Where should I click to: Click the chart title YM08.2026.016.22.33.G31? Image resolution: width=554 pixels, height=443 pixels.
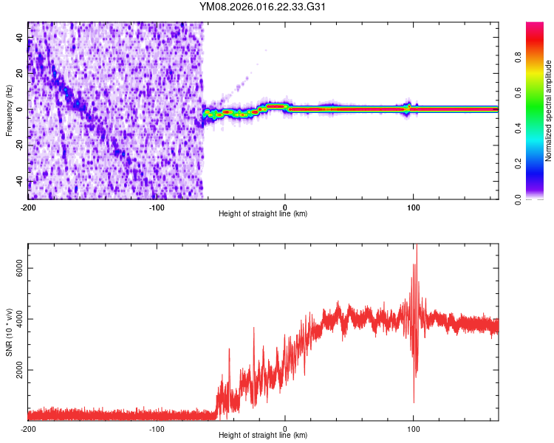pos(264,7)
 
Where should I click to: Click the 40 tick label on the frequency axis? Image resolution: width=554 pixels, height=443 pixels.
pos(20,39)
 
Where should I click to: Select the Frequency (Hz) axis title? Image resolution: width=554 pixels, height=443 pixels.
pos(8,111)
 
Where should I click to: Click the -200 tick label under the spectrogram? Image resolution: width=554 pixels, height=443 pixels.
pos(28,206)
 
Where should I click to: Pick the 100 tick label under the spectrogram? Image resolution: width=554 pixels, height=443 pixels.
pos(414,206)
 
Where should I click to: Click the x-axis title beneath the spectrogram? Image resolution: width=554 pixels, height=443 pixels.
pos(263,214)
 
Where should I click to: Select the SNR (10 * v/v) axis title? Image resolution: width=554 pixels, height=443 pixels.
pos(8,332)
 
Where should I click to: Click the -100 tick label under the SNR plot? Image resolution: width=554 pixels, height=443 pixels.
pos(157,428)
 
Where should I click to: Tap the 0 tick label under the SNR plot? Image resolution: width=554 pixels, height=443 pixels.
pos(285,428)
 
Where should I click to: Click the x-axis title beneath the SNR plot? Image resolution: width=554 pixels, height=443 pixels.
pos(263,436)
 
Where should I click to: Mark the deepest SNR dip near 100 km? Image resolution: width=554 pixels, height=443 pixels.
pos(414,402)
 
